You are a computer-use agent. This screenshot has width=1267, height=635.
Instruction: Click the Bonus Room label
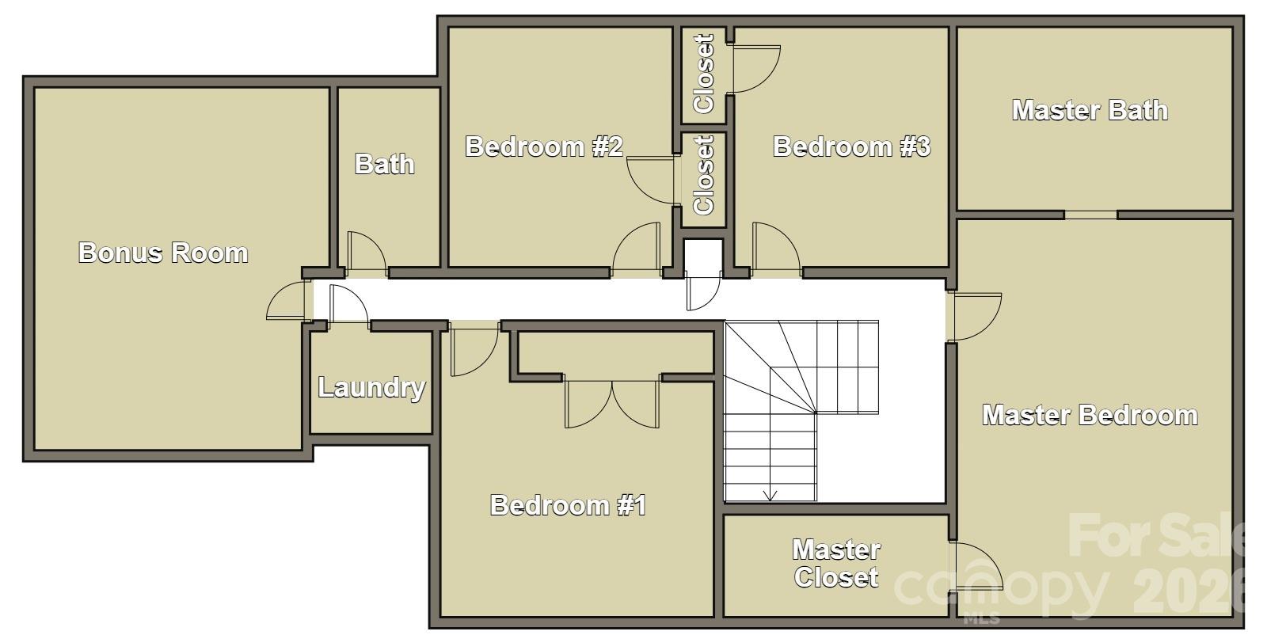pos(163,253)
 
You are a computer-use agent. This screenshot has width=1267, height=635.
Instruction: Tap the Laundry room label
pos(371,388)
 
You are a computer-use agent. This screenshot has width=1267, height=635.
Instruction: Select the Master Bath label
pos(1090,110)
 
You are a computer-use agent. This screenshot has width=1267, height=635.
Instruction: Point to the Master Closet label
pos(836,563)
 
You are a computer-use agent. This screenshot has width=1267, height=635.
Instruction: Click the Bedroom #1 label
pos(568,505)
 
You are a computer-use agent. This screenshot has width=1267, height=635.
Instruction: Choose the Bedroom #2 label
pos(544,146)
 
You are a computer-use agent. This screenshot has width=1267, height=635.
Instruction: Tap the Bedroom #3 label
pos(851,146)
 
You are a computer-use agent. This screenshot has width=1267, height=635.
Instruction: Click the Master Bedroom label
pos(1090,416)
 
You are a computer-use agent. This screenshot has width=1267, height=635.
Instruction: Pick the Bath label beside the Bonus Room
pos(385,165)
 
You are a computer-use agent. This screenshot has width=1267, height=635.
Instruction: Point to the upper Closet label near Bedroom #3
pos(704,74)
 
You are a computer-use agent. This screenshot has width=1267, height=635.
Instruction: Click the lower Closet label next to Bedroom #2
pos(704,175)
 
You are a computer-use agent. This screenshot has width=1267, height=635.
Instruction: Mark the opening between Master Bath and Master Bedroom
pos(1090,215)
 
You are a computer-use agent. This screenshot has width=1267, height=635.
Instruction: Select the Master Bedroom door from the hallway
pos(974,317)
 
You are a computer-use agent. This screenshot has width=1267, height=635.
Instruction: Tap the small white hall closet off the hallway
pos(704,257)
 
